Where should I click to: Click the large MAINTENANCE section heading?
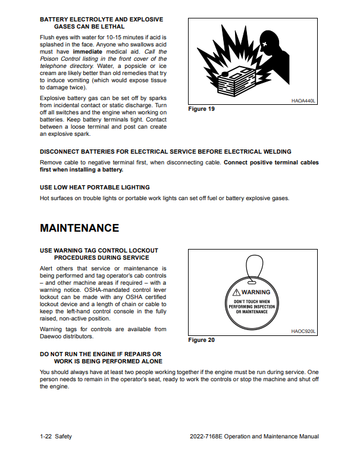tap(79, 228)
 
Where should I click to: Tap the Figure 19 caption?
tap(201, 109)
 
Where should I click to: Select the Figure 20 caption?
tap(201, 340)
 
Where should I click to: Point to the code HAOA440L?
tap(303, 101)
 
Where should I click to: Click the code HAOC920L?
tap(303, 331)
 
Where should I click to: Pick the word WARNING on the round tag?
tap(256, 292)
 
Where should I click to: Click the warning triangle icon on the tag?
tap(237, 292)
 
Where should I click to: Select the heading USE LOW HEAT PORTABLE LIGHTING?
tap(95, 187)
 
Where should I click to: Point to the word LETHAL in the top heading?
tap(111, 27)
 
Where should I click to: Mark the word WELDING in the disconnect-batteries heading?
tap(275, 151)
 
